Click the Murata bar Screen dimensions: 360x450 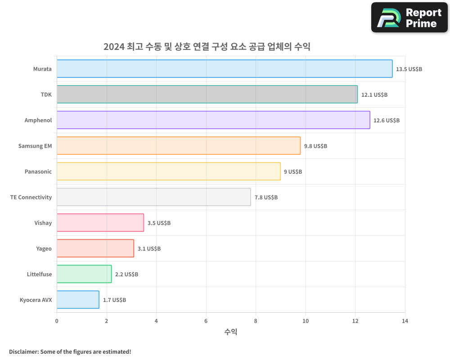tap(225, 69)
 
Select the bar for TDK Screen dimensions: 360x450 tap(207, 94)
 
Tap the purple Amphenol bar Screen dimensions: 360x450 tap(213, 120)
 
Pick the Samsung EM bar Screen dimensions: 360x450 tap(179, 146)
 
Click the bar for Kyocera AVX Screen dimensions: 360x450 tap(78, 300)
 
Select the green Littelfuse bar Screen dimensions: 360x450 tap(84, 274)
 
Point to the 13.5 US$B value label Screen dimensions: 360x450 tap(409, 69)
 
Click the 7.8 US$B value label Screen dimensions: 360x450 tap(266, 198)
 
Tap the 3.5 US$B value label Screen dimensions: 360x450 tap(159, 223)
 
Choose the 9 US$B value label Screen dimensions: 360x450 tap(293, 172)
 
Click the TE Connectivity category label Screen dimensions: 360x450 tap(31, 197)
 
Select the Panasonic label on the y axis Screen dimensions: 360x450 tap(38, 171)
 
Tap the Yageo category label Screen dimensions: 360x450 tap(44, 248)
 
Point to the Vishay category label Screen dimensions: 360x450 tap(43, 223)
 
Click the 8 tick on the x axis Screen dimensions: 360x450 tap(256, 321)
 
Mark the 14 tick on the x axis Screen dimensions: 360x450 tap(405, 321)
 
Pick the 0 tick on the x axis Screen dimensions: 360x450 tap(57, 321)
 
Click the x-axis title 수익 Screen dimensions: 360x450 tap(230, 332)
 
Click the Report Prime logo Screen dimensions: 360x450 tap(409, 18)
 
